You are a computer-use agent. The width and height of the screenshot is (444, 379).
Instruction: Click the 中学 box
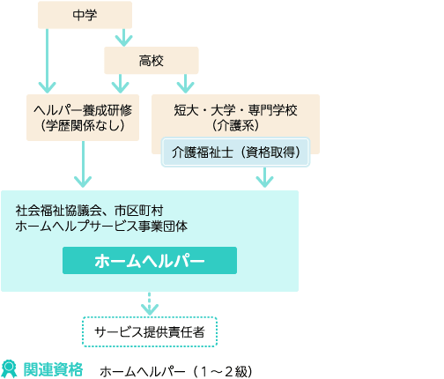coord(85,15)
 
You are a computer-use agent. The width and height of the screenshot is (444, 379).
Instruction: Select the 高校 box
coord(152,61)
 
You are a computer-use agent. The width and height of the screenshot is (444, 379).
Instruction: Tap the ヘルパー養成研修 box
coord(83,117)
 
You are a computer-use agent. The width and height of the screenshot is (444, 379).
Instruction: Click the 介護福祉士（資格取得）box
coord(235,152)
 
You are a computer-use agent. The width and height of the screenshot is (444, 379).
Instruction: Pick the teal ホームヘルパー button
coord(150,261)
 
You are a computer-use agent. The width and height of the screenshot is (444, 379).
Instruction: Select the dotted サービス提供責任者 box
coord(150,332)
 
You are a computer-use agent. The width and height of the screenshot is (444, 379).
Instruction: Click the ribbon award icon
coord(9,369)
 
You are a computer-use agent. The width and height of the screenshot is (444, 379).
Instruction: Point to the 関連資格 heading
coord(53,369)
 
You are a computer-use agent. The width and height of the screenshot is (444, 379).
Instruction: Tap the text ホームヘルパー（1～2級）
coord(176,372)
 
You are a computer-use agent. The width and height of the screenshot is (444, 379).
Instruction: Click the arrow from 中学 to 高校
coord(123,37)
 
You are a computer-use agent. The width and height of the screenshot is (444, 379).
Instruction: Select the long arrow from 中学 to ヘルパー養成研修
coord(48,61)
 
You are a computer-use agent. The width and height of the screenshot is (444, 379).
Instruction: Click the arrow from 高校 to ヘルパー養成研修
coord(121,84)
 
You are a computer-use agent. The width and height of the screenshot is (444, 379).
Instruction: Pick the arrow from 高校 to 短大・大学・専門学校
coord(185,84)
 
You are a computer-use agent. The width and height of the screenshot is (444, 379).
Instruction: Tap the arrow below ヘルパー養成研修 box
coord(83,164)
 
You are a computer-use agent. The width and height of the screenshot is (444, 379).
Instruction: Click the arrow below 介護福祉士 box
coord(265,177)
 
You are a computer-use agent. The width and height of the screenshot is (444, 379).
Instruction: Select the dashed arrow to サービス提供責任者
coord(150,303)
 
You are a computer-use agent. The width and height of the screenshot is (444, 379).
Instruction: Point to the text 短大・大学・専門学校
coord(235,110)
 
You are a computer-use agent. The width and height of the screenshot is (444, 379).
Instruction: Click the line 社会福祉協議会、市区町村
coord(89,211)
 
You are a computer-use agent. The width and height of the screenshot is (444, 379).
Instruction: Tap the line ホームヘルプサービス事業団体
coord(101,227)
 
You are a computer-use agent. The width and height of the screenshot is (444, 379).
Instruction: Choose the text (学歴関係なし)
coord(83,126)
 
